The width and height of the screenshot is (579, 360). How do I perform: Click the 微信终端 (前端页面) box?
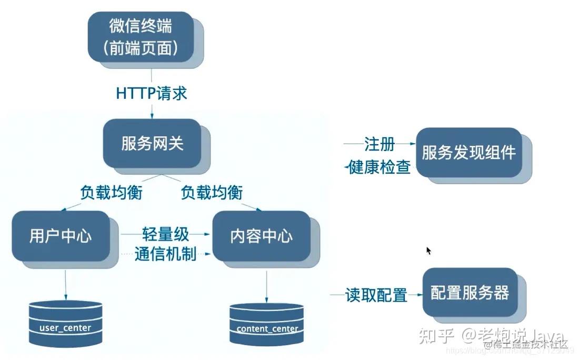pyautogui.click(x=141, y=37)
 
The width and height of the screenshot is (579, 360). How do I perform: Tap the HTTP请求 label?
pyautogui.click(x=152, y=94)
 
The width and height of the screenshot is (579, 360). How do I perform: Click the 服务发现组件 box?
pyautogui.click(x=468, y=153)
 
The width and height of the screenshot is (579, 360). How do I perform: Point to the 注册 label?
pyautogui.click(x=380, y=143)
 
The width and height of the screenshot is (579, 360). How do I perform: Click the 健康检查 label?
pyautogui.click(x=380, y=167)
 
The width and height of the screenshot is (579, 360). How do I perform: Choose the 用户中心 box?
pyautogui.click(x=61, y=236)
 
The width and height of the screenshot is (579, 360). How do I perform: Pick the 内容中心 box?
pyautogui.click(x=261, y=236)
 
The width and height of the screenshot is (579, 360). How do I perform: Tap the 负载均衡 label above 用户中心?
pyautogui.click(x=112, y=193)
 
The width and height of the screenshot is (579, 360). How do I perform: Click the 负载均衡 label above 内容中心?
pyautogui.click(x=212, y=193)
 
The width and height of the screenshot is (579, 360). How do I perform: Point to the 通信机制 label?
pyautogui.click(x=165, y=254)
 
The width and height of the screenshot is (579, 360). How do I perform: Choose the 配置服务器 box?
pyautogui.click(x=470, y=293)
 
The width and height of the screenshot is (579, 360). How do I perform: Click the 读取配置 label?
pyautogui.click(x=376, y=295)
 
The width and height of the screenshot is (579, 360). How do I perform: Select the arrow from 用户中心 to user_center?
pyautogui.click(x=65, y=285)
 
